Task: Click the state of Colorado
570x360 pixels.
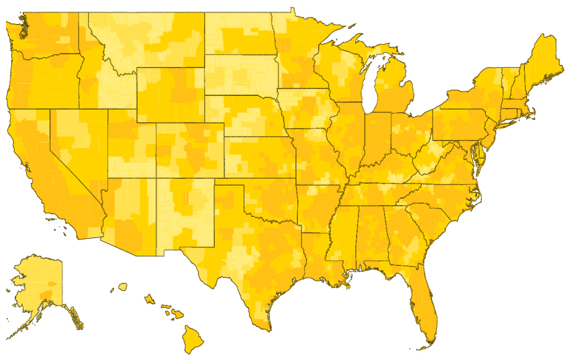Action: pos(189,150)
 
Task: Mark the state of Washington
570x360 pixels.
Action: pos(51,33)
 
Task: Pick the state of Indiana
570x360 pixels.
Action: pos(377,138)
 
